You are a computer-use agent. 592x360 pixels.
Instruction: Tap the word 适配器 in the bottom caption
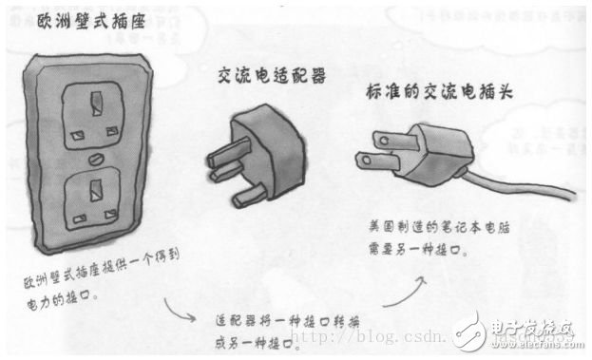pos(238,319)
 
